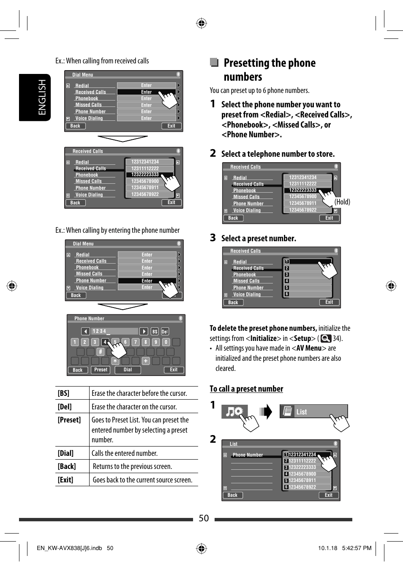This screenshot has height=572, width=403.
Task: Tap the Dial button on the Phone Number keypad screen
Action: tap(128, 370)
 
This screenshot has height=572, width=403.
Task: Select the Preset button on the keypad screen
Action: tap(101, 370)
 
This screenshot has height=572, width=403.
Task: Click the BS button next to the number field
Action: tap(155, 332)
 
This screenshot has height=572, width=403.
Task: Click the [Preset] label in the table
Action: tap(69, 420)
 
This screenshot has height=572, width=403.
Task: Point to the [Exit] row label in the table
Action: tap(65, 480)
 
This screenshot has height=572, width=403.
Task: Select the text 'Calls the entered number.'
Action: tap(125, 453)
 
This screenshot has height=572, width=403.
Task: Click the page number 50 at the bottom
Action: tap(204, 518)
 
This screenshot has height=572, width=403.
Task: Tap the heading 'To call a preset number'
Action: tap(246, 389)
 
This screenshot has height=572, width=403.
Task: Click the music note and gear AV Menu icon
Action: tap(234, 411)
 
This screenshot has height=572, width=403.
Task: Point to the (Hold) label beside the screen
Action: tap(342, 202)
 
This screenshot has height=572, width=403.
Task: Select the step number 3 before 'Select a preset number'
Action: tap(213, 238)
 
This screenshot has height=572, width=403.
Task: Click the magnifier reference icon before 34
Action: tap(326, 338)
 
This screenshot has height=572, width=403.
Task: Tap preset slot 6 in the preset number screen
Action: tap(287, 294)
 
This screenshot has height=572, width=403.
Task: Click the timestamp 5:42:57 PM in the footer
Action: tap(357, 548)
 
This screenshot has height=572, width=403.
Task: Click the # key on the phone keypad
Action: tap(101, 351)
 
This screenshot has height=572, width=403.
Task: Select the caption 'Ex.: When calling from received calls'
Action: tap(102, 61)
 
